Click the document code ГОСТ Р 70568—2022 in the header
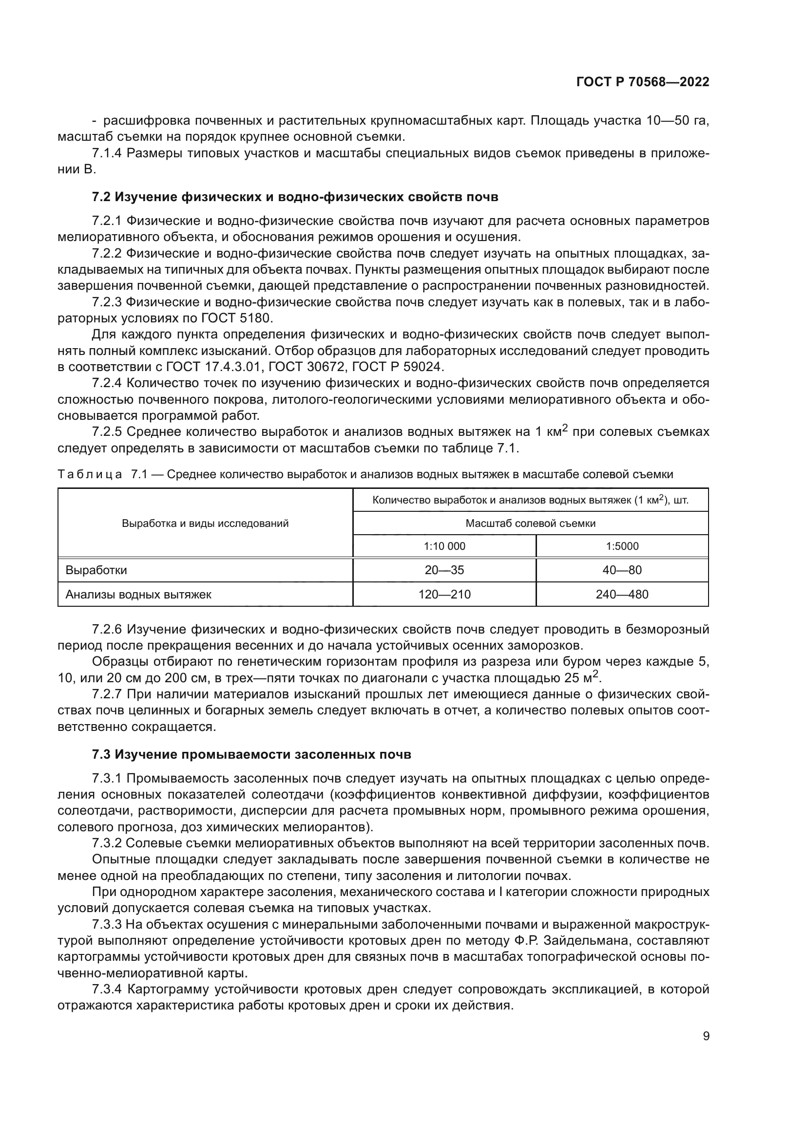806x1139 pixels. [643, 82]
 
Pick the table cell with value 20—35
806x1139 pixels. [444, 570]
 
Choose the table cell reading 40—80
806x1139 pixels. [622, 570]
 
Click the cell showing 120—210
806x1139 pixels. [444, 594]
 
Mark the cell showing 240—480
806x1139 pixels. [622, 594]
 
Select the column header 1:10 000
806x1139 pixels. [444, 546]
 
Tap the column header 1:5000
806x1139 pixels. [622, 546]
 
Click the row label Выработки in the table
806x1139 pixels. [96, 570]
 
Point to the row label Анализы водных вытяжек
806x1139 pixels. [138, 594]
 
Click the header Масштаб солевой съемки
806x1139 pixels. [530, 523]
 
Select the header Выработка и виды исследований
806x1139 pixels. [205, 523]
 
